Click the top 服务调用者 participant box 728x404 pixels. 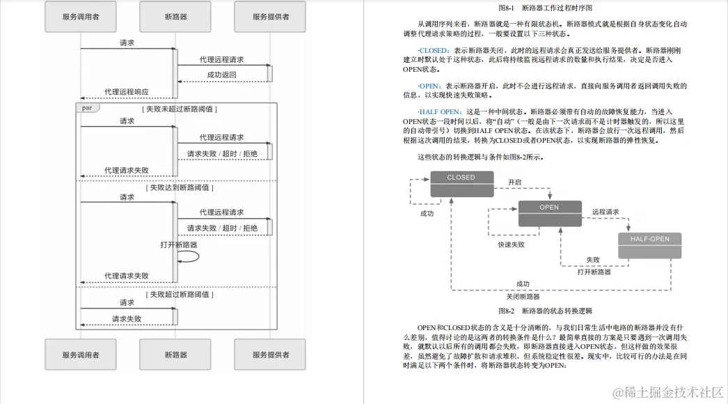[x=80, y=17]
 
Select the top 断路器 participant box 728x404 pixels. [x=175, y=17]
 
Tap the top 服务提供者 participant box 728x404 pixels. [x=271, y=17]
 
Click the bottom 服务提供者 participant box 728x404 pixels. [x=271, y=355]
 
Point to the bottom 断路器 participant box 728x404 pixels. [x=175, y=355]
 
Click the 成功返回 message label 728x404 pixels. [x=221, y=75]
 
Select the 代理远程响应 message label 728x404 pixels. [x=126, y=92]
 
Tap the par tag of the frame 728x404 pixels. [x=86, y=108]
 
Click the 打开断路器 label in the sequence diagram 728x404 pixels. [x=179, y=244]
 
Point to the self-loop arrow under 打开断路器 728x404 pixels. [x=189, y=256]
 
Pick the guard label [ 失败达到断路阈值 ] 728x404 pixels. [x=180, y=187]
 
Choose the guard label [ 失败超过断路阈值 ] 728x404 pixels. [x=180, y=294]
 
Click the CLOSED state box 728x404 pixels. [x=461, y=184]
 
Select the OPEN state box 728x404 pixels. [x=549, y=213]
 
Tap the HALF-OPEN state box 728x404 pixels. [x=649, y=245]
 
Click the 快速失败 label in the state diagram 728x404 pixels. [x=510, y=244]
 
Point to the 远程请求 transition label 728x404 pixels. [x=606, y=211]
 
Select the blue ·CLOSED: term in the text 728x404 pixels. [x=434, y=50]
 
